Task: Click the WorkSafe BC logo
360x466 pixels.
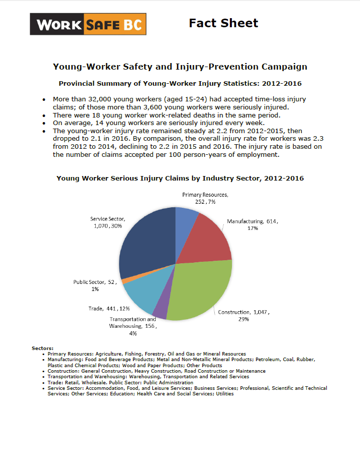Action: point(88,24)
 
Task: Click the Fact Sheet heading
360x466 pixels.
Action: point(223,23)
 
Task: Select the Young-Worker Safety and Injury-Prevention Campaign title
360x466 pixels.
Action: point(180,67)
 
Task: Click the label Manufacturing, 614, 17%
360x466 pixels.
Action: point(252,224)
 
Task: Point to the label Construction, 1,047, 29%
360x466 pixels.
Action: point(244,316)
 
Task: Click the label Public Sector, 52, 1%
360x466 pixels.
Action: point(95,285)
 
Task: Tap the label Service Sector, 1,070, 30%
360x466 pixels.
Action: point(108,222)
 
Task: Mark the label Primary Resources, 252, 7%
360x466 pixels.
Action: point(205,198)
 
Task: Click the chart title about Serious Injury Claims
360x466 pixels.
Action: point(180,178)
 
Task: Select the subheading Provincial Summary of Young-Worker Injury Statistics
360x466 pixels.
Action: point(180,83)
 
